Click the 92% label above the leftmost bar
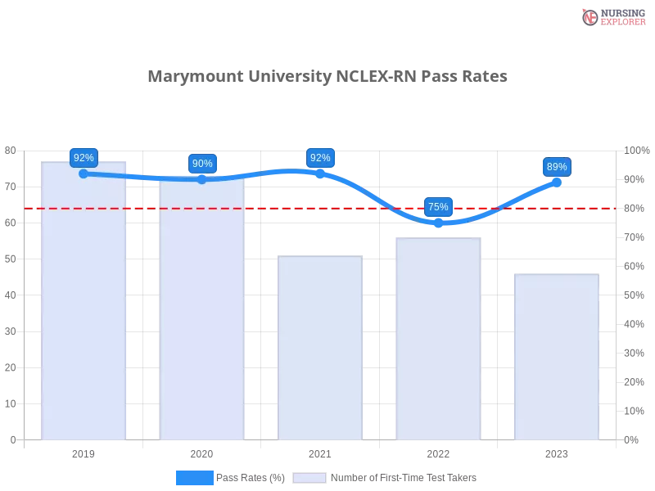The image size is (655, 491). pos(84,157)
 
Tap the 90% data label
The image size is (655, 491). pos(202,164)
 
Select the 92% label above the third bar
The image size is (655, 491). pos(320,158)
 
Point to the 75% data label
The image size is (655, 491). pos(438,206)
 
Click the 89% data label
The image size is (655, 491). pos(557,167)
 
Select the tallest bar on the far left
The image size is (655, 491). pos(84,311)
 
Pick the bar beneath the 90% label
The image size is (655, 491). pos(202,319)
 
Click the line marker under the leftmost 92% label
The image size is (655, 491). pos(84,173)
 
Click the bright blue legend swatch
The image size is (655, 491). pos(195,477)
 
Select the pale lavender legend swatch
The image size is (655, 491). pos(309,477)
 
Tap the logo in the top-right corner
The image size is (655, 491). pos(612,16)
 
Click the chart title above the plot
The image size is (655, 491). pos(327,77)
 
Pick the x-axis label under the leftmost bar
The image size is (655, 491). pos(84,452)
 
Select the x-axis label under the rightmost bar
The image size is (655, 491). pos(557,452)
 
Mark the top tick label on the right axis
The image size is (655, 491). pos(635,150)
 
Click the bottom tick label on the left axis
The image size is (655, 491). pos(11,439)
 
